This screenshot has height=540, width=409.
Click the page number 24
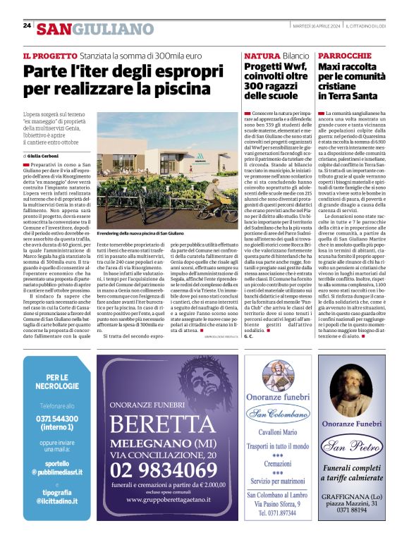click(x=27, y=25)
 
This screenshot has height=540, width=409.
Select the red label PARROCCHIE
click(x=343, y=55)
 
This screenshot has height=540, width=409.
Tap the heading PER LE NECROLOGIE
click(x=58, y=381)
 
